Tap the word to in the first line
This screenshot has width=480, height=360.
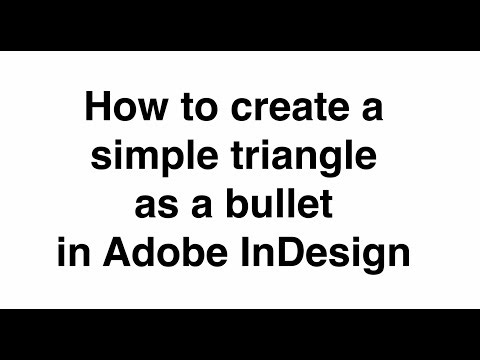click(x=188, y=107)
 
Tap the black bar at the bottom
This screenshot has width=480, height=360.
click(x=240, y=334)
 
